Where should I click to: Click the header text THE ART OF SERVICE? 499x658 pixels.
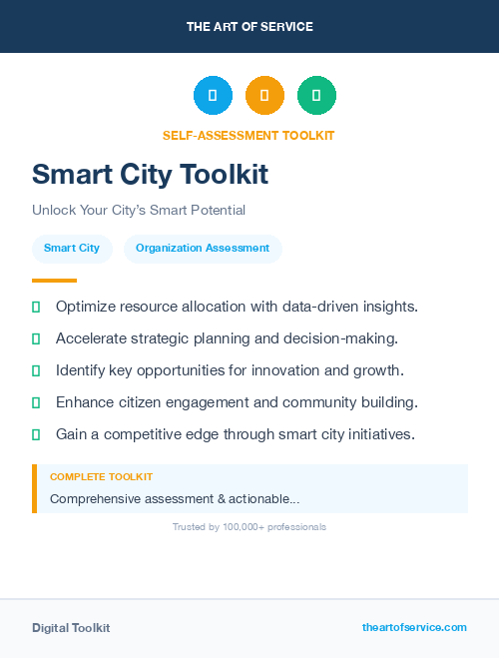pyautogui.click(x=249, y=27)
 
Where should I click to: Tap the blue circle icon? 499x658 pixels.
pyautogui.click(x=213, y=96)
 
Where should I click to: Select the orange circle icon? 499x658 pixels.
pyautogui.click(x=264, y=96)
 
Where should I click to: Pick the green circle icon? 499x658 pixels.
pyautogui.click(x=316, y=96)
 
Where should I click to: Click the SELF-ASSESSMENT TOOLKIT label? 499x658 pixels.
pyautogui.click(x=249, y=135)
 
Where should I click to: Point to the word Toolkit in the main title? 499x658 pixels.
pyautogui.click(x=225, y=175)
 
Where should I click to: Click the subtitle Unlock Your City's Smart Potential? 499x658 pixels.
pyautogui.click(x=139, y=211)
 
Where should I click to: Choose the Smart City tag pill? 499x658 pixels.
pyautogui.click(x=72, y=248)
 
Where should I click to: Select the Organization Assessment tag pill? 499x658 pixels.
pyautogui.click(x=203, y=248)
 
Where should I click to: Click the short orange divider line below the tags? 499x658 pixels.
pyautogui.click(x=54, y=281)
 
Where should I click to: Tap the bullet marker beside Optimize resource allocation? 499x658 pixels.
pyautogui.click(x=36, y=307)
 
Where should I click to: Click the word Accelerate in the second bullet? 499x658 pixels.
pyautogui.click(x=91, y=338)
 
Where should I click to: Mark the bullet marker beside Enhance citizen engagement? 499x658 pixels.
pyautogui.click(x=36, y=402)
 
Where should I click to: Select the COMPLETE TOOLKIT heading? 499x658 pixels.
pyautogui.click(x=101, y=477)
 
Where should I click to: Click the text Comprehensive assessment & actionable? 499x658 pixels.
pyautogui.click(x=174, y=498)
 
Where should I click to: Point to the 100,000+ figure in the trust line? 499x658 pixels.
pyautogui.click(x=245, y=527)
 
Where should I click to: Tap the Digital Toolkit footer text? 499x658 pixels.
pyautogui.click(x=71, y=628)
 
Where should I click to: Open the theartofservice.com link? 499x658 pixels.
pyautogui.click(x=414, y=627)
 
